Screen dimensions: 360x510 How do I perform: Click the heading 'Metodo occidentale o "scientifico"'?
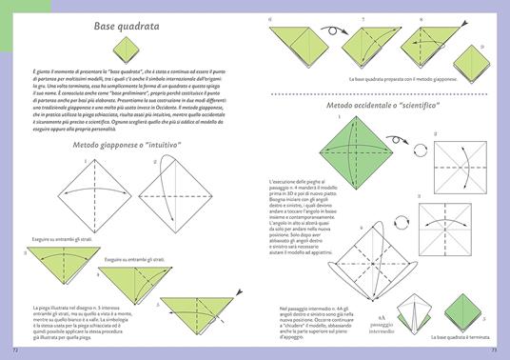click(380, 106)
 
